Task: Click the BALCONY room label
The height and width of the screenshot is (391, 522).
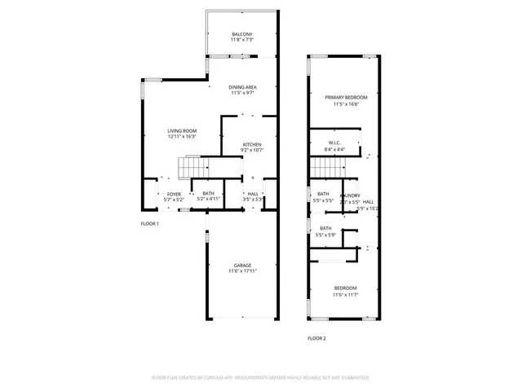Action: pos(242,33)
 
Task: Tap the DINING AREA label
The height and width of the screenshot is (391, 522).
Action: pos(242,87)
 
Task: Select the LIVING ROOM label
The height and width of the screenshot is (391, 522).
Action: pos(183,130)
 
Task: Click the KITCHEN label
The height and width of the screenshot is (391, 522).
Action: pos(251,144)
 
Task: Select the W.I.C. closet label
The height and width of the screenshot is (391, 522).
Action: pos(334,143)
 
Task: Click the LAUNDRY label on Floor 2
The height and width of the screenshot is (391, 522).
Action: pos(350,195)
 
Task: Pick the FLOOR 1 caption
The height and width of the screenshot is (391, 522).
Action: pos(150,223)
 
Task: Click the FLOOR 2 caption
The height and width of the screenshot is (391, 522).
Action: pos(316,337)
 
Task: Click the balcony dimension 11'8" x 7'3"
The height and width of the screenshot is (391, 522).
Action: pos(242,40)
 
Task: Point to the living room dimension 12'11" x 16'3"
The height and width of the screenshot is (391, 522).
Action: pos(183,137)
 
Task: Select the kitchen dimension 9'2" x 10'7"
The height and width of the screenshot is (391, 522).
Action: pos(251,151)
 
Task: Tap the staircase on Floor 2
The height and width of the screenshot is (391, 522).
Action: pos(325,169)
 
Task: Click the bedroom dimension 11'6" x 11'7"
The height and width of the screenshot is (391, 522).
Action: pos(345,295)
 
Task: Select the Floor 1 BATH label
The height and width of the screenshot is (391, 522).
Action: pos(209,193)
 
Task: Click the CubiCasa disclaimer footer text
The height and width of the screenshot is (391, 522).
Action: pos(260,378)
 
